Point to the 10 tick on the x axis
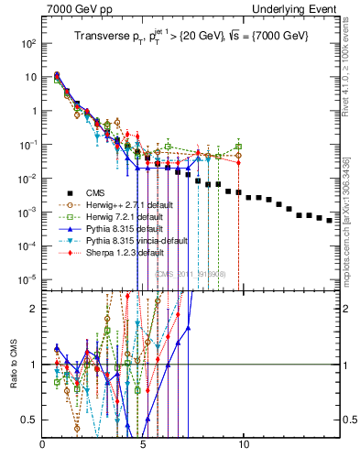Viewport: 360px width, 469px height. [244, 446]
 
